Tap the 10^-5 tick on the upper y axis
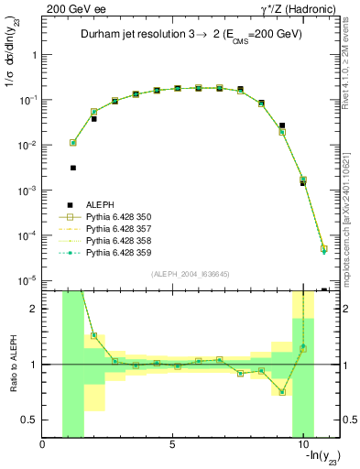coord(27,280)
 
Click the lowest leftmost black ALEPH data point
coord(73,168)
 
